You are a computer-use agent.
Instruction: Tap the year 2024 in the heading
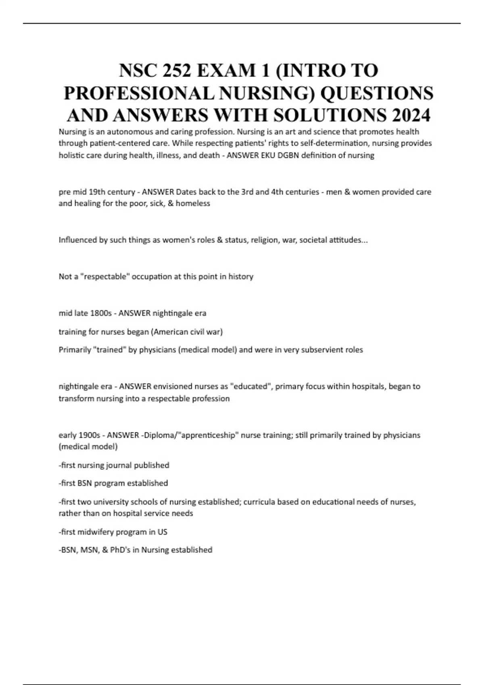pos(411,116)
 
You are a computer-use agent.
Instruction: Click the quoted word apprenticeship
pos(210,435)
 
